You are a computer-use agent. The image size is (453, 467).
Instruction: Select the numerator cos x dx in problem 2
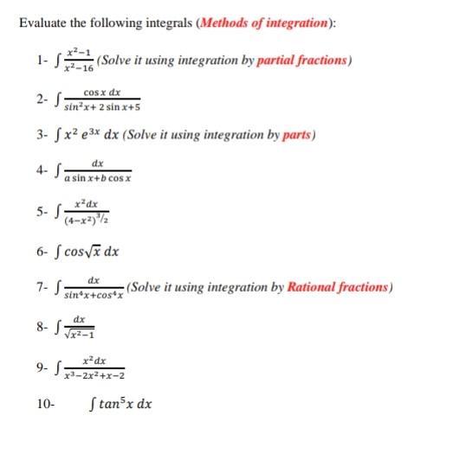tap(101, 92)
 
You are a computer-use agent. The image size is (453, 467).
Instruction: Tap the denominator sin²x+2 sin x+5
tap(102, 107)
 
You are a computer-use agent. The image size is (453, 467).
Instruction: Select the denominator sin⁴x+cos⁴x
tap(94, 295)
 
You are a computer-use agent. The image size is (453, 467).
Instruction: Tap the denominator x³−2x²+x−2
tap(93, 376)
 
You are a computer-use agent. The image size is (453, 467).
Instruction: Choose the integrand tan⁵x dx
tap(121, 404)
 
